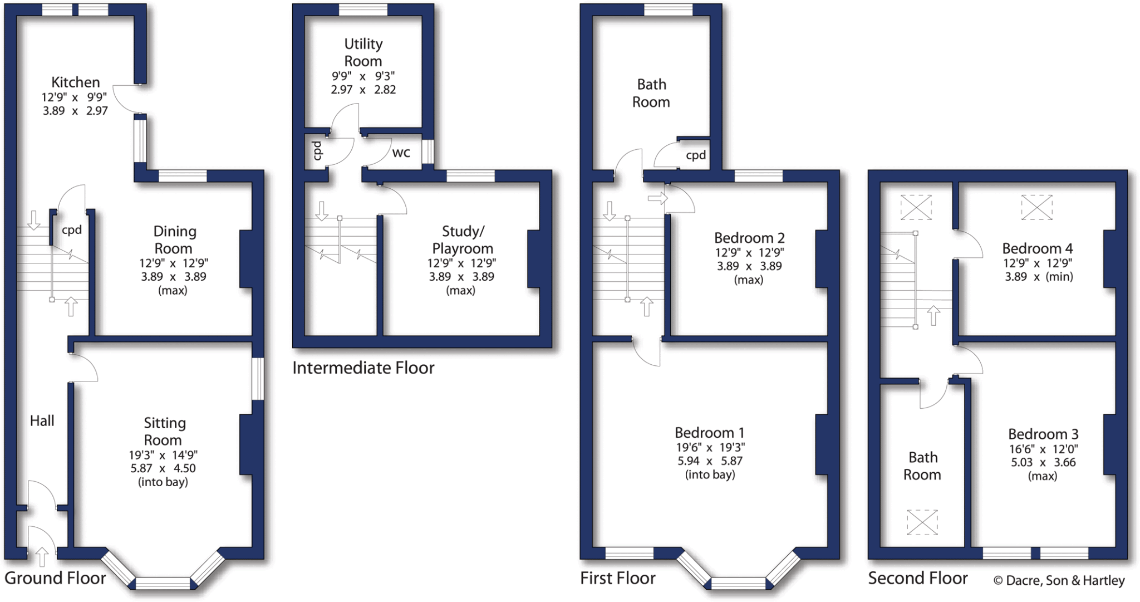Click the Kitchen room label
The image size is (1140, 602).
tap(76, 82)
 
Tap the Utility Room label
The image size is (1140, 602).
tap(363, 52)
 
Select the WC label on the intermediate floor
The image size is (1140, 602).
tap(401, 153)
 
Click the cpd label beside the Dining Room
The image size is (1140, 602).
tap(72, 230)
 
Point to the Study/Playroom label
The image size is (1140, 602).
tap(463, 239)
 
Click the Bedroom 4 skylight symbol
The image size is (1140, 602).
tap(1036, 207)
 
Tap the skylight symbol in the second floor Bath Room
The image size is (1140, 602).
tap(922, 522)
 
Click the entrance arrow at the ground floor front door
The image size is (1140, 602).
tap(42, 556)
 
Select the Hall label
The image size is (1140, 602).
tap(42, 420)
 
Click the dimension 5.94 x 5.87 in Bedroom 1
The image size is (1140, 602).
tap(710, 461)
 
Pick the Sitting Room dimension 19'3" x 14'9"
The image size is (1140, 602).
tap(163, 455)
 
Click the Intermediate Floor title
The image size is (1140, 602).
tap(363, 368)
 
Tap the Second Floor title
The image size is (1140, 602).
tap(918, 578)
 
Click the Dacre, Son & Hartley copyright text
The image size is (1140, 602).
tap(1059, 580)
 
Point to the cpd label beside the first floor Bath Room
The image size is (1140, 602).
tap(696, 155)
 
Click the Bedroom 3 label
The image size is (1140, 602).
tap(1043, 434)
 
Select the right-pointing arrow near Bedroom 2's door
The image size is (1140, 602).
tap(657, 198)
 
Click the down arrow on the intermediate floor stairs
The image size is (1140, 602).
tap(322, 211)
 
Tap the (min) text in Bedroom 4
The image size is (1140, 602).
tap(1059, 277)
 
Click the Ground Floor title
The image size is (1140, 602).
tap(55, 578)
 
